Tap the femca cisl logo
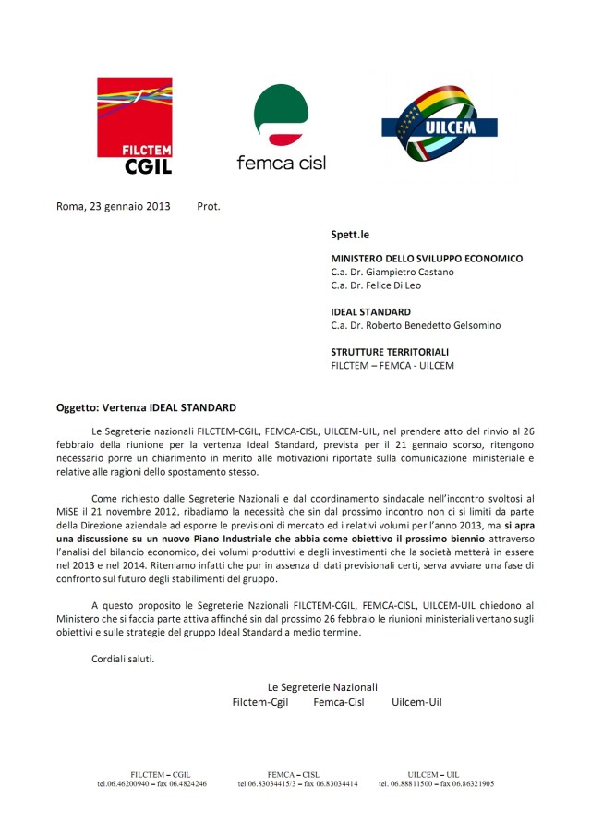tap(281, 127)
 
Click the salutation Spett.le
tap(350, 235)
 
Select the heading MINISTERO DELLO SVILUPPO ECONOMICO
tap(427, 259)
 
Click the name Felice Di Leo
tap(399, 285)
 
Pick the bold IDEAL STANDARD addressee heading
tap(371, 312)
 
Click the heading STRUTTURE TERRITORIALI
tap(390, 352)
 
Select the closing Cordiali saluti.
tap(124, 659)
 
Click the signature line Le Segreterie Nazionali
tap(322, 686)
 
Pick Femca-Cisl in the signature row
tap(339, 702)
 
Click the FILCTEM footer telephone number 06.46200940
tap(128, 783)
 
